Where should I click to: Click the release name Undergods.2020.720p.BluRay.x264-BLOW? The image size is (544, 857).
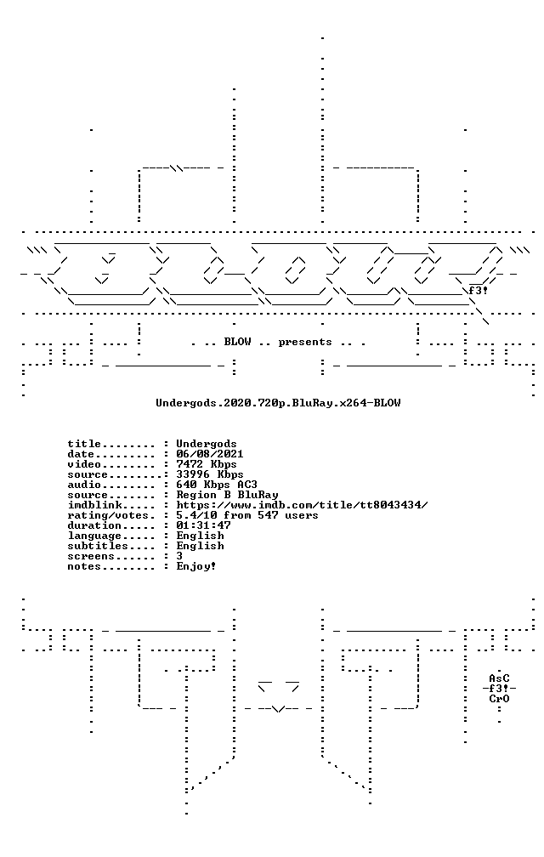coord(278,403)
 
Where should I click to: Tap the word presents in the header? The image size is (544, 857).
coord(305,343)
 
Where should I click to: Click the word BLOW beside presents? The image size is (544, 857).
coord(238,342)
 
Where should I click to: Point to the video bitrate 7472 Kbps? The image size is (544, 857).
coord(207,464)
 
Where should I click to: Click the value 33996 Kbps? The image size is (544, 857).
coord(210,474)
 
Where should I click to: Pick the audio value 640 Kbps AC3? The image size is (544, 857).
coord(216,485)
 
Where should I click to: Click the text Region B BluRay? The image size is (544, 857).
coord(227,495)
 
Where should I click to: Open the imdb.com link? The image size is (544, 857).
coord(302,505)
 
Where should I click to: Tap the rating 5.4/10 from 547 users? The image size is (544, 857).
coord(246,515)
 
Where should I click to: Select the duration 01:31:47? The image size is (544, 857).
coord(203,525)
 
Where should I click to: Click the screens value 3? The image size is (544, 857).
coord(179,556)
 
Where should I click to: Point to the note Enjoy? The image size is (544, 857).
coord(196,567)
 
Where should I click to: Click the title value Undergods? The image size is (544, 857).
coord(207,444)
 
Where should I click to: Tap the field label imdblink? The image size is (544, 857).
coord(94,505)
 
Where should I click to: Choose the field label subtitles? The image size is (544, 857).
coord(98,546)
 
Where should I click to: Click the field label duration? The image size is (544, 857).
coord(94,525)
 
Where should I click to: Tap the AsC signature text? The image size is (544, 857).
coord(499,678)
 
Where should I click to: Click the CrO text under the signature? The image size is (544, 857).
coord(499,699)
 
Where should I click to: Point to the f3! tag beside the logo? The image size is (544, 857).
coord(478,290)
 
